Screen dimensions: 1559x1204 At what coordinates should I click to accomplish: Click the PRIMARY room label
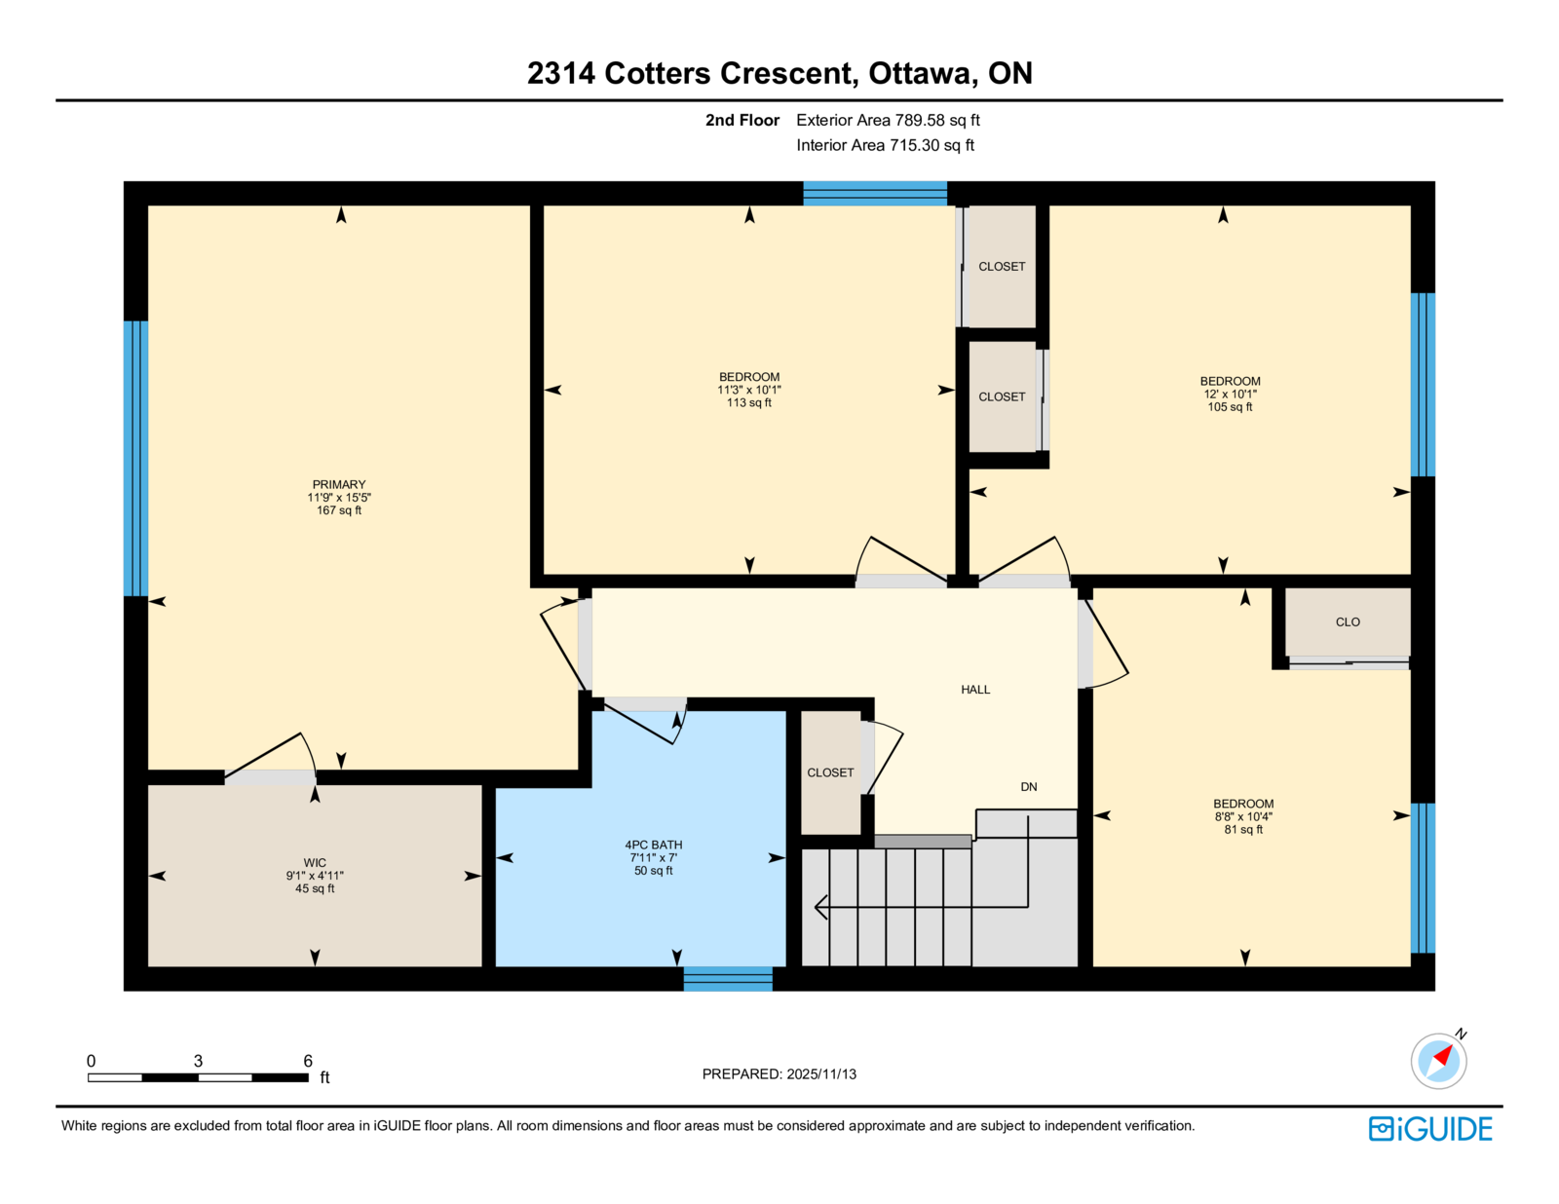point(339,485)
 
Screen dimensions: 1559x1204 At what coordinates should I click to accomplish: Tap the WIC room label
point(315,863)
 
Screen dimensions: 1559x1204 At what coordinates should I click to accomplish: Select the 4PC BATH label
point(653,845)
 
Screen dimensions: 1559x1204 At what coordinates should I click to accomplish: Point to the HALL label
point(975,689)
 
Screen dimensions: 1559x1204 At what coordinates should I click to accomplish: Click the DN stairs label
point(1028,787)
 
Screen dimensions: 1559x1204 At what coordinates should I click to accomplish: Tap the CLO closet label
point(1348,621)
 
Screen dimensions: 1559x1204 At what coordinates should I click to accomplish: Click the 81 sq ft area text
point(1243,830)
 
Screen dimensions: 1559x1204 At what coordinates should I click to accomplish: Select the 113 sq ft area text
point(749,403)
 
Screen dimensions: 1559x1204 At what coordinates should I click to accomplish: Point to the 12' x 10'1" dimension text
point(1230,395)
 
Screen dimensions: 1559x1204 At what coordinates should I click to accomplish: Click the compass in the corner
point(1438,1061)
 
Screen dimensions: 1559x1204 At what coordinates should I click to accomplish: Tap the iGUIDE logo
point(1429,1129)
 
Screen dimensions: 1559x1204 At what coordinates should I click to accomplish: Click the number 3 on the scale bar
point(198,1061)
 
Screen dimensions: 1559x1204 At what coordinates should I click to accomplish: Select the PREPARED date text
point(779,1074)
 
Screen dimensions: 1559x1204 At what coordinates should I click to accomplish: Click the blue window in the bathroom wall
point(728,979)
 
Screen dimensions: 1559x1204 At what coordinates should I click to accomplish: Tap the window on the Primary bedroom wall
point(135,458)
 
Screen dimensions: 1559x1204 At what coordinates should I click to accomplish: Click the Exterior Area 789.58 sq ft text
point(888,121)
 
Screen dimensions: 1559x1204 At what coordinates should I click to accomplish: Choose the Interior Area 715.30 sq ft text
point(886,145)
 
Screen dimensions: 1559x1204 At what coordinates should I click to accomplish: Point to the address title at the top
point(779,73)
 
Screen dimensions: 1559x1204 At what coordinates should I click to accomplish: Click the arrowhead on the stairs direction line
point(821,907)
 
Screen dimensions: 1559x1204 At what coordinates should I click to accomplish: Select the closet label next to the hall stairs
point(830,772)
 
